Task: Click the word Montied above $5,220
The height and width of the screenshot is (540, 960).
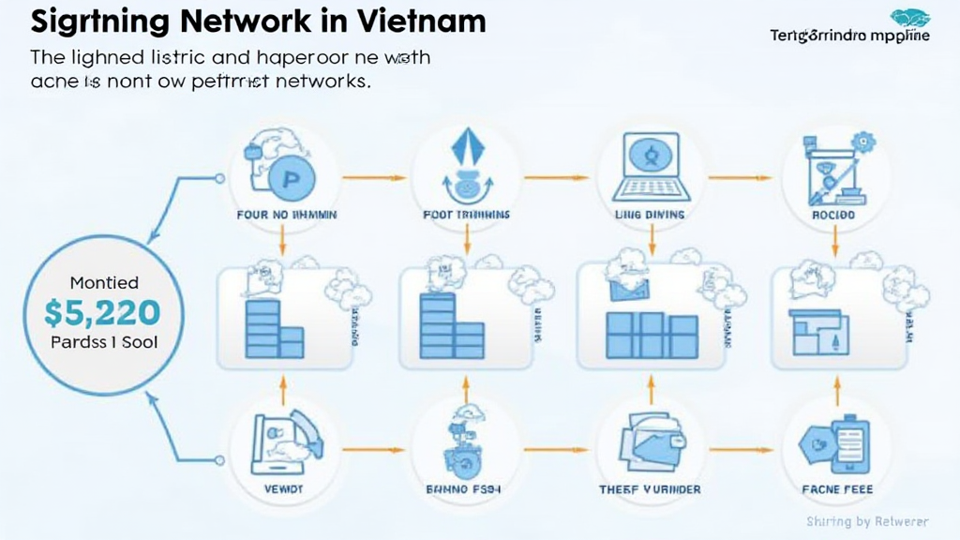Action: tap(104, 282)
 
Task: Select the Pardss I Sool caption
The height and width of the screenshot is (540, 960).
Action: tap(104, 343)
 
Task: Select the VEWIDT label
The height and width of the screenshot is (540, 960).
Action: tap(279, 489)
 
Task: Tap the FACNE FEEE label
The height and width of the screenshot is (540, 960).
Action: tap(837, 489)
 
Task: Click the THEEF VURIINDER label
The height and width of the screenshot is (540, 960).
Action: tap(649, 489)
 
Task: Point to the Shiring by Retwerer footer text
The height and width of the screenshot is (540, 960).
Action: tap(868, 521)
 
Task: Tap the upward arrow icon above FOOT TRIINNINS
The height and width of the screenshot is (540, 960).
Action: tap(466, 155)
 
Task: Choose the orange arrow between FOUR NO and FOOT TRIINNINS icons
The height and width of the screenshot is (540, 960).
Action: tap(373, 176)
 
